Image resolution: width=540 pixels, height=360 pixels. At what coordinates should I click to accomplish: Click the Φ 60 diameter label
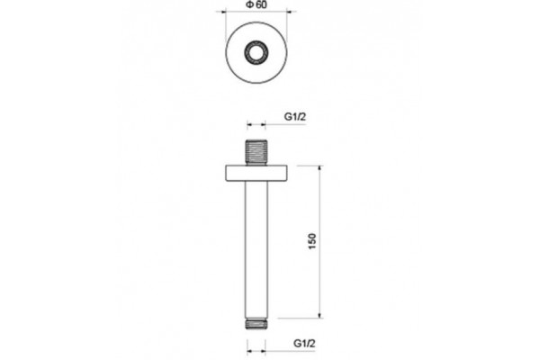pos(256,4)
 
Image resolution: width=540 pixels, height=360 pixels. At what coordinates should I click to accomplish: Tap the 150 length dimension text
pos(312,241)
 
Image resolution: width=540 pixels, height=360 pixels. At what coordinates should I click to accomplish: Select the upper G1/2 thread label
pos(295,117)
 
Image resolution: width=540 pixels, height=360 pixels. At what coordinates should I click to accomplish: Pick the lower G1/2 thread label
pos(304,344)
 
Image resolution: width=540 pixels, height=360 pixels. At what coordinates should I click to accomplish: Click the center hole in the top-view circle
pos(256,53)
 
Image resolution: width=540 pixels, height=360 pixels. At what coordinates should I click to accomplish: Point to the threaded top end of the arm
pos(256,152)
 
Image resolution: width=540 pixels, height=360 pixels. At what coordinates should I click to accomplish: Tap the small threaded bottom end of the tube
pos(256,324)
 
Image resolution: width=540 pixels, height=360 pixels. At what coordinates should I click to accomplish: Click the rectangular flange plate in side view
pos(256,174)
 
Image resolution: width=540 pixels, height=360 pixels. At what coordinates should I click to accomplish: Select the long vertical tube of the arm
pos(256,250)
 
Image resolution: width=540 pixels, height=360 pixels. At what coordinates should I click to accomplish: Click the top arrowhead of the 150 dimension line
pos(319,169)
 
